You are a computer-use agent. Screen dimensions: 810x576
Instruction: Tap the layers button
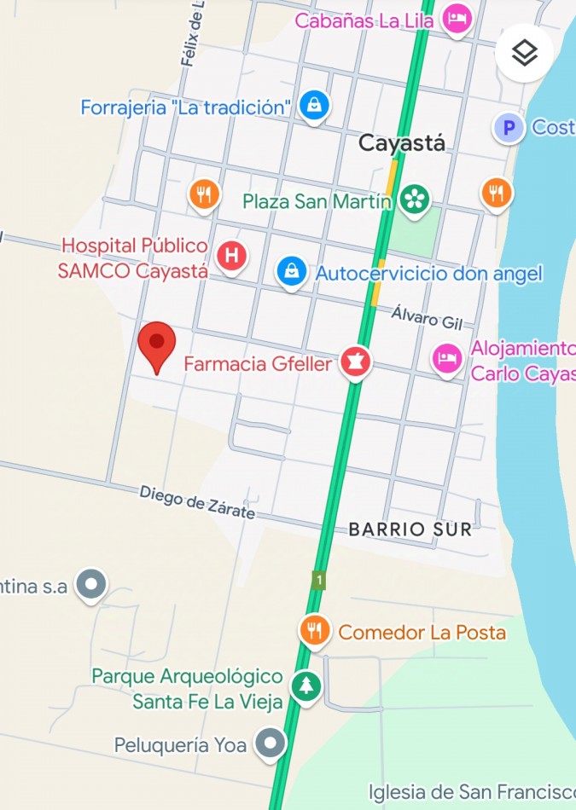(524, 53)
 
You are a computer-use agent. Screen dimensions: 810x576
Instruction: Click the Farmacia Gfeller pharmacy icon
(355, 362)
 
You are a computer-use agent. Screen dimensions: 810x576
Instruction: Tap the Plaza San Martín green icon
(415, 200)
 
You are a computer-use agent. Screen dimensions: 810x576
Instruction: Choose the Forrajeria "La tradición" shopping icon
(314, 106)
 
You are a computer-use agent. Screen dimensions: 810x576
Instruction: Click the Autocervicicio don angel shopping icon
(292, 272)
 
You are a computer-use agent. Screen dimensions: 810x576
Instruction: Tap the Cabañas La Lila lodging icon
(457, 19)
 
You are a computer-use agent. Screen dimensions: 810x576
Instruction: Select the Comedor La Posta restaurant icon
(315, 631)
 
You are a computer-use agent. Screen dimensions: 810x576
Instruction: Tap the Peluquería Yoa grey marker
(271, 743)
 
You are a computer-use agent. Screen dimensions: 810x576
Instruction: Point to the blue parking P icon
(509, 128)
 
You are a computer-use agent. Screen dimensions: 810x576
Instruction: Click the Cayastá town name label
(401, 142)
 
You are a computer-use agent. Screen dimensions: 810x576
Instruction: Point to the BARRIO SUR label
(410, 529)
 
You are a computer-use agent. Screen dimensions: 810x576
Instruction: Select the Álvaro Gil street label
(426, 317)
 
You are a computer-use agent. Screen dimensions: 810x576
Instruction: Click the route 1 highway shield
(318, 581)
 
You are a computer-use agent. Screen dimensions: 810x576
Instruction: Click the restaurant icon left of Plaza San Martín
(204, 194)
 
